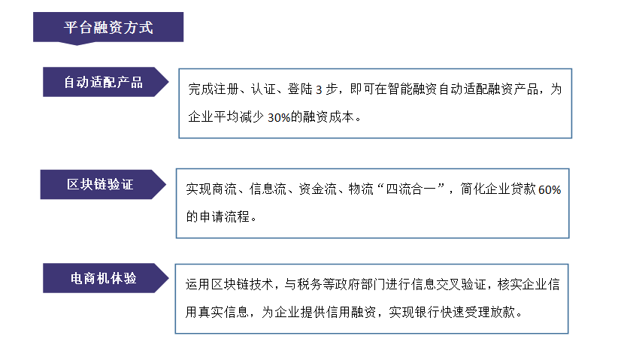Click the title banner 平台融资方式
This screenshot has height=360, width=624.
tap(108, 28)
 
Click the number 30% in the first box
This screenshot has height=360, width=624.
tap(279, 117)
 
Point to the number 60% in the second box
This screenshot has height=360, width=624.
tap(550, 189)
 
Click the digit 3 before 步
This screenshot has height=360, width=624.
tap(319, 89)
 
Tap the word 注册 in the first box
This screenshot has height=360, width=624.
tap(226, 89)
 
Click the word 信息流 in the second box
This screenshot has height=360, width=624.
tap(268, 189)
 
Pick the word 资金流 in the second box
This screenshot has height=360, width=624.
tap(317, 189)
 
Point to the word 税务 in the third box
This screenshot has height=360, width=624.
tap(309, 284)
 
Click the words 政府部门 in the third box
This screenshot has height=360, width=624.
tap(360, 284)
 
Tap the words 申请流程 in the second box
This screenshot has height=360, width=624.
tap(224, 216)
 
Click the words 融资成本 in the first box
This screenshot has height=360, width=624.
tap(329, 117)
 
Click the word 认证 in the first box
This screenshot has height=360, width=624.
tap(263, 89)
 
